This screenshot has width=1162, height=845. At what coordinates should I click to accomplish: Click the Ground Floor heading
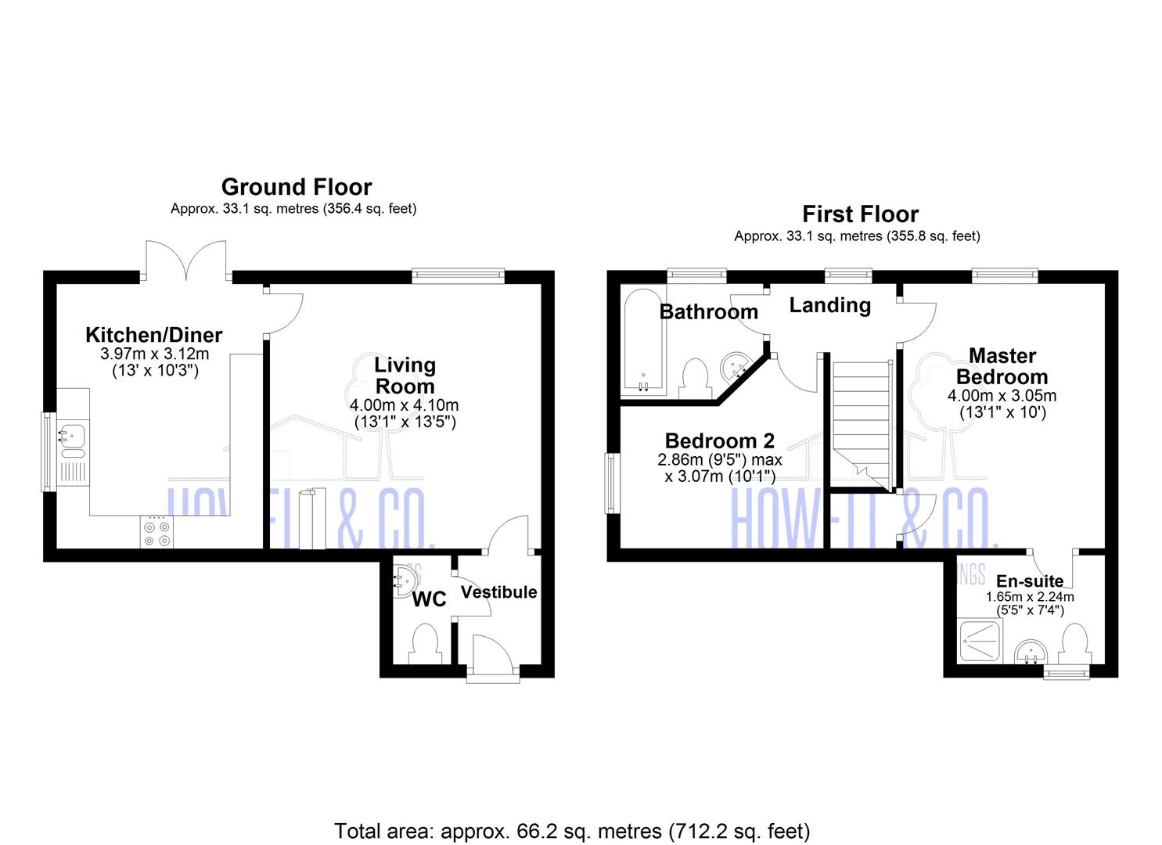tap(297, 187)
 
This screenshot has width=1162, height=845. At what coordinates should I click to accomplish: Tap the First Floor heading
tap(860, 214)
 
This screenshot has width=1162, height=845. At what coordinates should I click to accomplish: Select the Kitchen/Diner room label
tap(153, 335)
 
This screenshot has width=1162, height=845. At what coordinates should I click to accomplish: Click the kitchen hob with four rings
tap(156, 533)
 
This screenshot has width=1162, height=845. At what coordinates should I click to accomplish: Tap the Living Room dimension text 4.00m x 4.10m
tap(404, 405)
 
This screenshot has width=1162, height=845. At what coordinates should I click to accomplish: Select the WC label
tap(429, 599)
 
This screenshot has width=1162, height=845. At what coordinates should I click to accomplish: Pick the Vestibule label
tap(498, 592)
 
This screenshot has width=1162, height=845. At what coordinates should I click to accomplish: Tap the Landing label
tap(829, 305)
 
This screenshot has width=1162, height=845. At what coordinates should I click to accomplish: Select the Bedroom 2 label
tap(719, 440)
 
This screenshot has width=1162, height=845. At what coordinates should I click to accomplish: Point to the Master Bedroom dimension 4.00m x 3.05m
tap(1002, 396)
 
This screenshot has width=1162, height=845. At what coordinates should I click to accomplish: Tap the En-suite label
tap(1029, 581)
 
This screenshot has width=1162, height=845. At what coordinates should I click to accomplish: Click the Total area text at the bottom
tap(572, 830)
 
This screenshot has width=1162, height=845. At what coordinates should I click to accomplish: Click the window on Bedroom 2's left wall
tap(611, 484)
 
